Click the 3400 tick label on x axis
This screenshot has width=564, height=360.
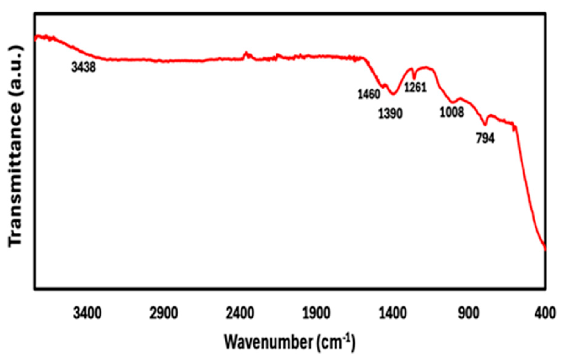point(87,313)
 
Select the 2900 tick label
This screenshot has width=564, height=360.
point(163,313)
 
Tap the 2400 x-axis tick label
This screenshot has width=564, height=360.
point(240,313)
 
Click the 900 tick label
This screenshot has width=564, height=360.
point(469,313)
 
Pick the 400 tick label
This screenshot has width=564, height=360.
point(545,313)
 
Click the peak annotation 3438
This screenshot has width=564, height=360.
point(84,67)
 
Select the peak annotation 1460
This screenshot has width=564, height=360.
point(369,94)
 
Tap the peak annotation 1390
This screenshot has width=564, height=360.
point(390,114)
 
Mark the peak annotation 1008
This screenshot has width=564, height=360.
point(452,112)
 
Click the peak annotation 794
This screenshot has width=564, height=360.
point(485,138)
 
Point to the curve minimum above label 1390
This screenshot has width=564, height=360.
point(393,94)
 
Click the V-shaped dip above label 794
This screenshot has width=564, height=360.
point(485,125)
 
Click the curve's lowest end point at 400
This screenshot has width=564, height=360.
point(545,250)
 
